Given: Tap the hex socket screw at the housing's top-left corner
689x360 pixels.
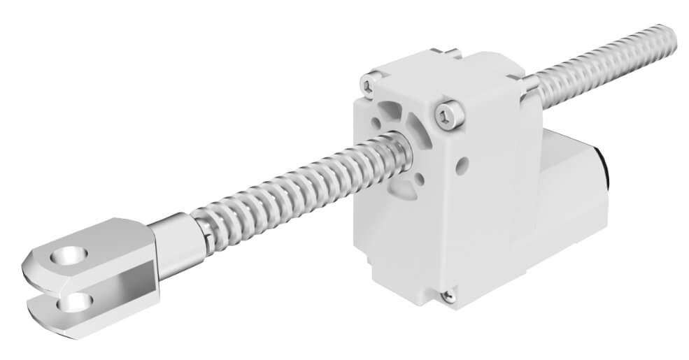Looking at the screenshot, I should [368, 86].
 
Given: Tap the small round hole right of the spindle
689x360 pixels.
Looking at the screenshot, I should [461, 166].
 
